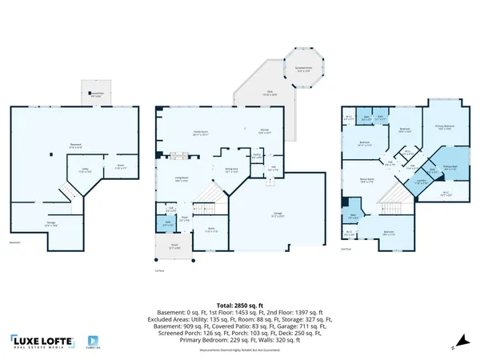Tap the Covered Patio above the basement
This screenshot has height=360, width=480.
tap(95, 93)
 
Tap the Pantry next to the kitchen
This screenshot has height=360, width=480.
tap(257, 156)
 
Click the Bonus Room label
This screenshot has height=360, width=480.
tap(368, 182)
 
